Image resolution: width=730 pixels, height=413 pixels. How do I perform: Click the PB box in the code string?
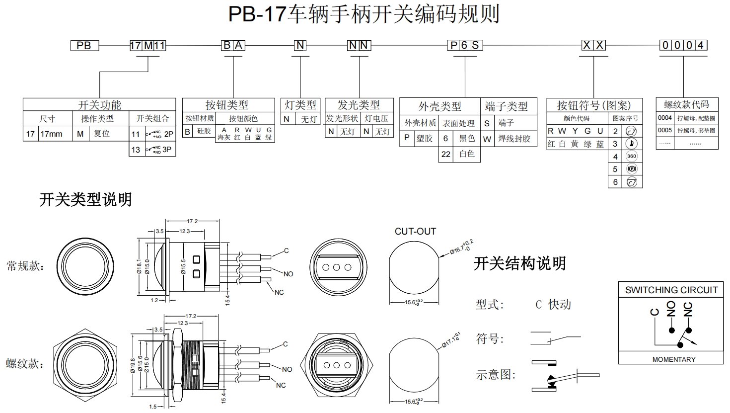point(84,46)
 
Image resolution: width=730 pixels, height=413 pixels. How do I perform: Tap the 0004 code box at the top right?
point(683,45)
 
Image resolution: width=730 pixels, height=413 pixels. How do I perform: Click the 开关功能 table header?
point(99,105)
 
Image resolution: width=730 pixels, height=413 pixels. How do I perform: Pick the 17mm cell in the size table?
point(51,134)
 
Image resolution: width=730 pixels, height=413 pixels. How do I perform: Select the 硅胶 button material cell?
point(204,131)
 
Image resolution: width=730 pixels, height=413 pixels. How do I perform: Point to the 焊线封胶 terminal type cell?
point(514,139)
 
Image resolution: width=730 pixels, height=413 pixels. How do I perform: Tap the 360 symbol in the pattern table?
point(631,156)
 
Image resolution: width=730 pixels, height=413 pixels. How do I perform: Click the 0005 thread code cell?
point(665,130)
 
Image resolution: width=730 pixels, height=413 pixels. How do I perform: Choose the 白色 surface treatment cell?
point(466,154)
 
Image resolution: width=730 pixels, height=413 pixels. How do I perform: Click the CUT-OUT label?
point(415,231)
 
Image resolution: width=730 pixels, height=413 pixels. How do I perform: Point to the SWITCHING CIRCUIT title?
point(671,290)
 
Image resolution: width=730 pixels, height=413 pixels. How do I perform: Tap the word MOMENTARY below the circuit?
point(673,359)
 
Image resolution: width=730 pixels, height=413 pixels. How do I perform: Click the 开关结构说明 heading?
point(519,263)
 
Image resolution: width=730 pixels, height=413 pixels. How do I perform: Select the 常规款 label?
point(25,266)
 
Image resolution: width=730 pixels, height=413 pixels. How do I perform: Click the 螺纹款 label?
point(25,363)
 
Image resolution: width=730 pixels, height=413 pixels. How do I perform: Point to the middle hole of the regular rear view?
point(336,267)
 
